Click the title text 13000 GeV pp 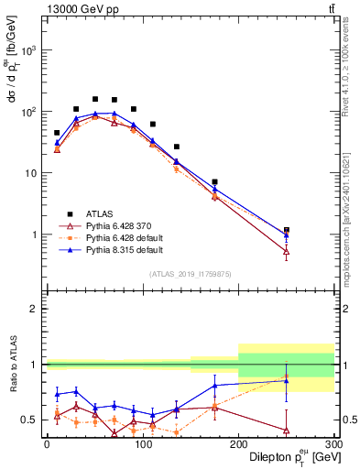click(79, 9)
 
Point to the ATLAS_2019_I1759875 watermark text click(190, 274)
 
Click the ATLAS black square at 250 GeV click(286, 230)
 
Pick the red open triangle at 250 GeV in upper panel click(286, 251)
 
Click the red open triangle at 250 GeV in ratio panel click(286, 430)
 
